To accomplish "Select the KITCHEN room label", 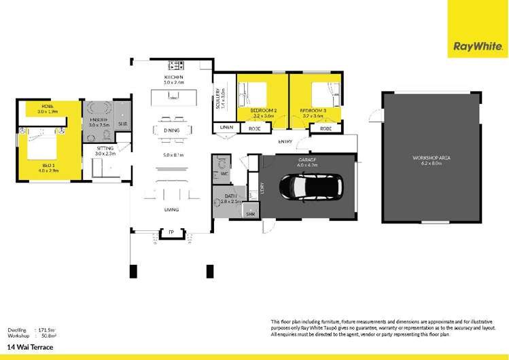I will (174, 77).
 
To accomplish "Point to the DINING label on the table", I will (171, 130).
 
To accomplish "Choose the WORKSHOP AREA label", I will (432, 158).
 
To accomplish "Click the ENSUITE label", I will (94, 118).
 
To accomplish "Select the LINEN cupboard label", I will (226, 128).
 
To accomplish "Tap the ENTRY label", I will (285, 141).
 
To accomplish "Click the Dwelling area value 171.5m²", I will (46, 328).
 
